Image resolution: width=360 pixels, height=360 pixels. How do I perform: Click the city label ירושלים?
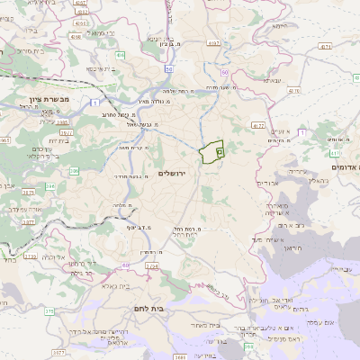(176, 172)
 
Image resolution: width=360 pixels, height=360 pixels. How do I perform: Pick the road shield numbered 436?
(120, 55)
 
